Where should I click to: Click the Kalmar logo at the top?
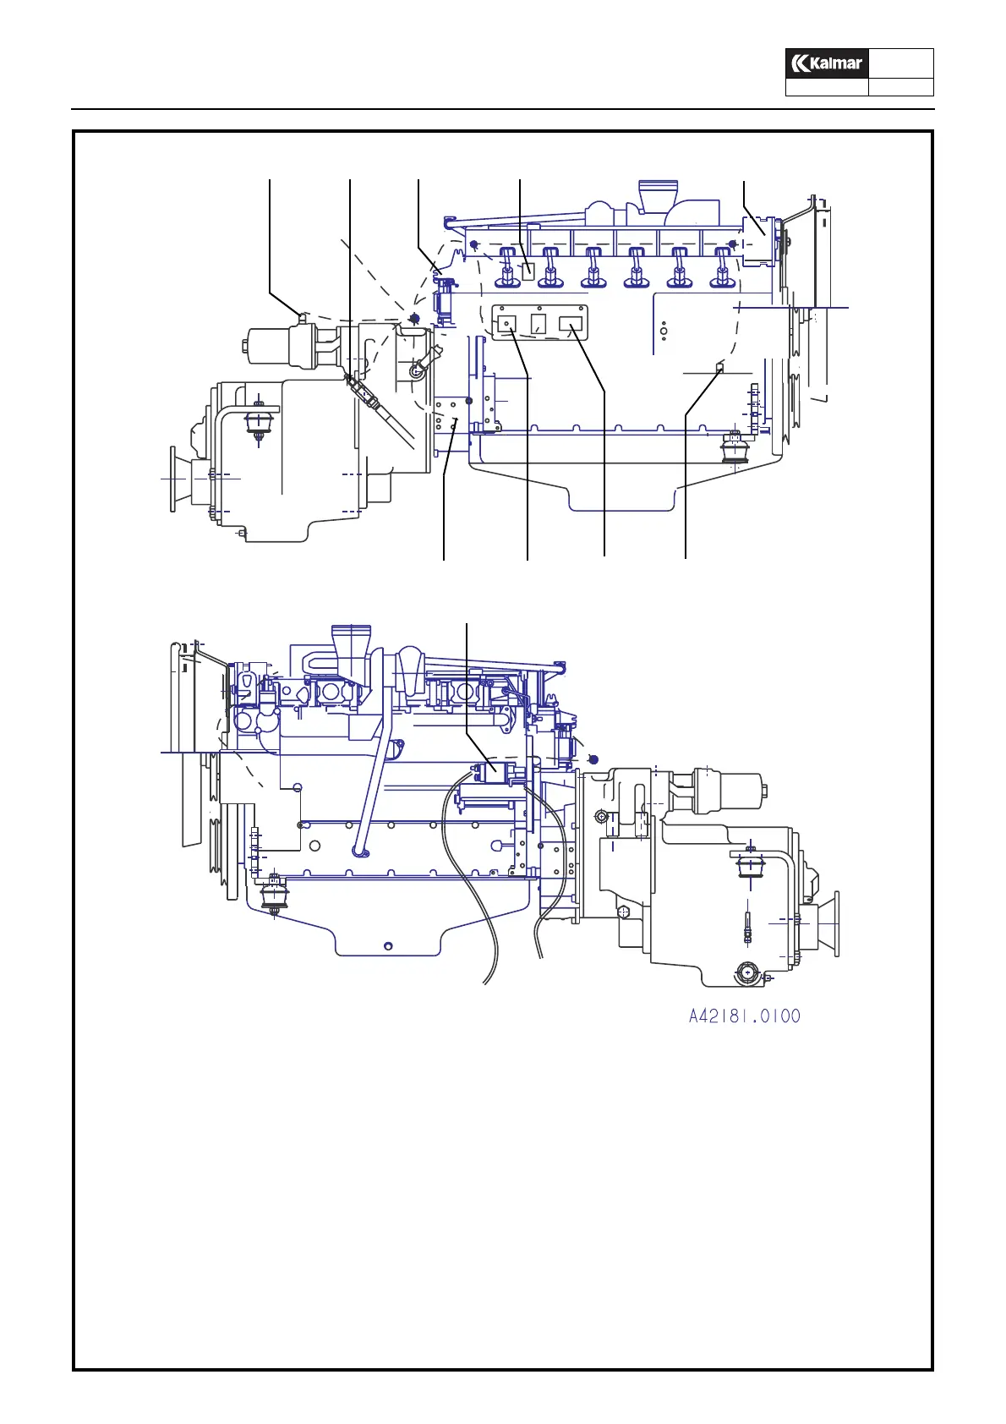(x=827, y=63)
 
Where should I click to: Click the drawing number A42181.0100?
(x=744, y=1016)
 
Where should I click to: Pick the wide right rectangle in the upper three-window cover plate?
(x=571, y=324)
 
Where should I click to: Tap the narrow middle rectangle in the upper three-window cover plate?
(x=538, y=323)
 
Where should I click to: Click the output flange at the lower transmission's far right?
(x=833, y=922)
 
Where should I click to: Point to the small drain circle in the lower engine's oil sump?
(x=388, y=945)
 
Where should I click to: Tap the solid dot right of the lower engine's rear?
(x=593, y=758)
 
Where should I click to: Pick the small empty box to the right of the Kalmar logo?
(x=901, y=63)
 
